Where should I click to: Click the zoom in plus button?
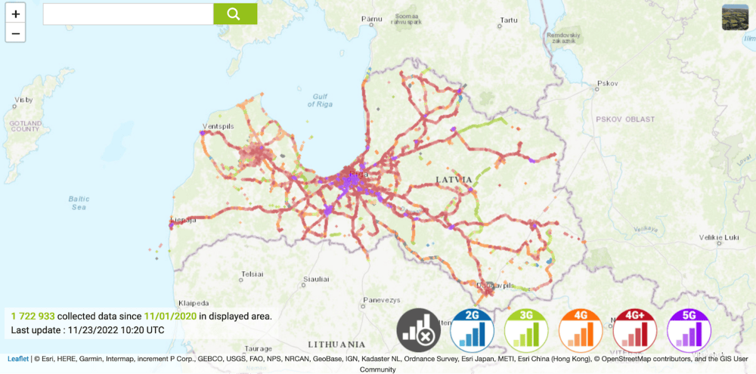(x=16, y=14)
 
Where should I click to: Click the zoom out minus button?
(x=16, y=32)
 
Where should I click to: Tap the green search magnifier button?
(x=234, y=14)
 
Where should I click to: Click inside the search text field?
(x=128, y=14)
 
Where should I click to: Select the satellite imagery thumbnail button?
(x=735, y=17)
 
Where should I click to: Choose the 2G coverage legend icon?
(x=472, y=331)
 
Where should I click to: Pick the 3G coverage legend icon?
(x=526, y=331)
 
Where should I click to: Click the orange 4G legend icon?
(x=581, y=331)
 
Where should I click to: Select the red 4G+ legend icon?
(x=635, y=331)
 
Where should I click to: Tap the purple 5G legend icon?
(x=689, y=331)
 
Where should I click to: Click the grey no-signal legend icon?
(x=418, y=331)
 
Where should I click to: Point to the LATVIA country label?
(x=454, y=179)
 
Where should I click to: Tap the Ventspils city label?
(x=217, y=126)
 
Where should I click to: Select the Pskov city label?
(x=607, y=83)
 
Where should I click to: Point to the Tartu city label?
(x=509, y=20)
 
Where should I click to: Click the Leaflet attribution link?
(x=17, y=359)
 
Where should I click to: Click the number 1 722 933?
(x=33, y=316)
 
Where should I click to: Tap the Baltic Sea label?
(x=79, y=202)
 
